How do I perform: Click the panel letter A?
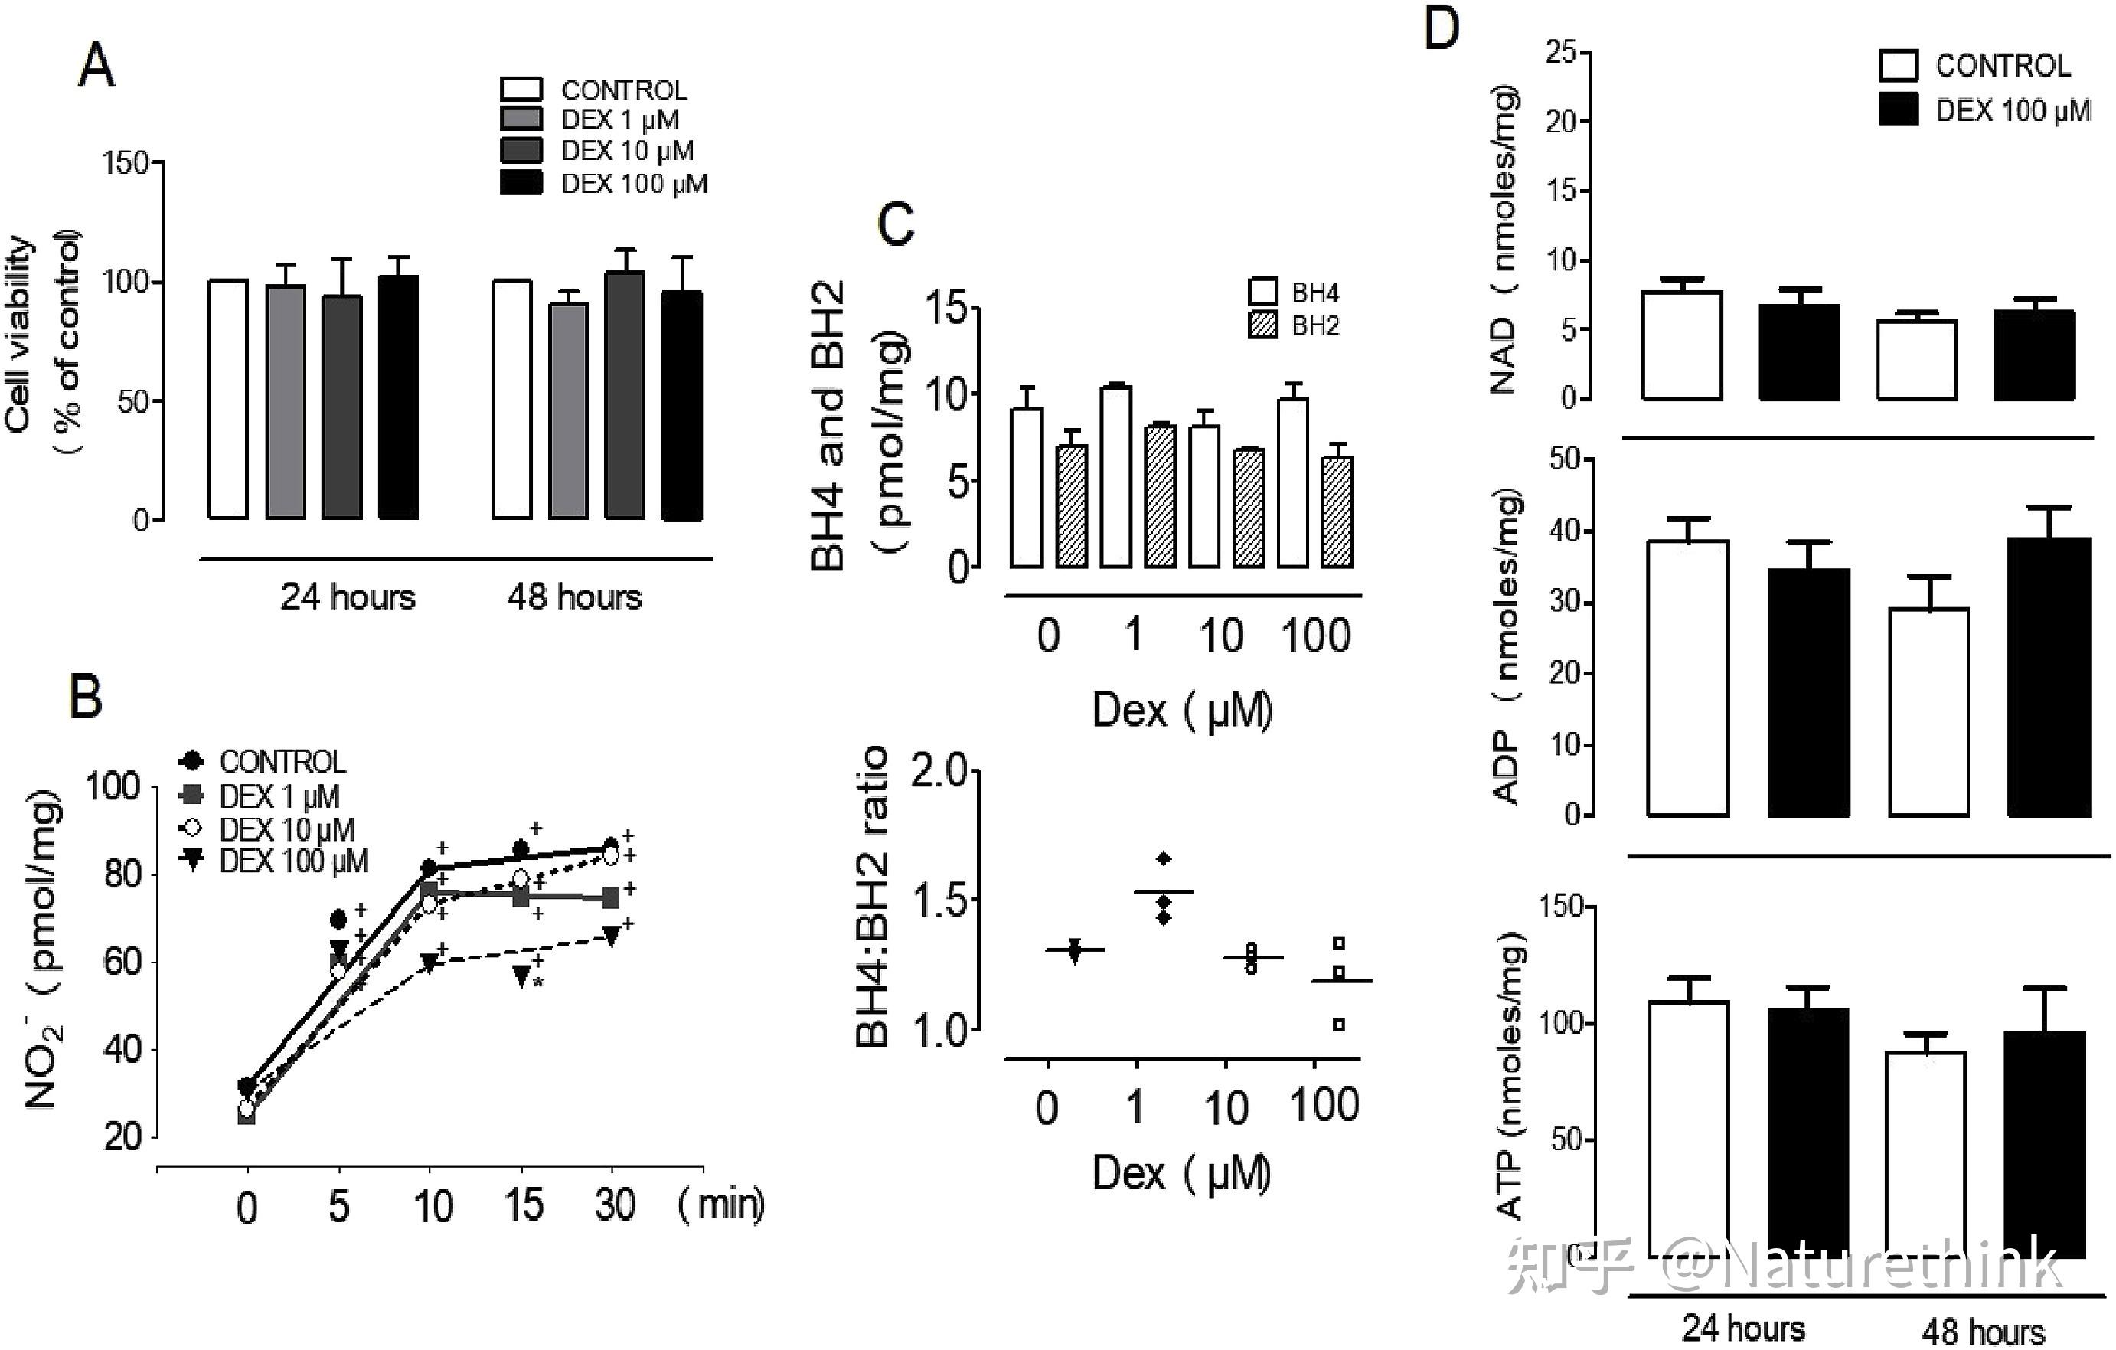[x=96, y=66]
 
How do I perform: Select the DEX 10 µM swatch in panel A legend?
[x=521, y=150]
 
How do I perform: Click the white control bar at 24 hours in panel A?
[x=227, y=400]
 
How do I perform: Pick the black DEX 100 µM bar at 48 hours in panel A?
[x=681, y=406]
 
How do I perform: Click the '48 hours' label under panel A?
[x=574, y=597]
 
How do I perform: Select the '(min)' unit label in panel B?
[x=720, y=1203]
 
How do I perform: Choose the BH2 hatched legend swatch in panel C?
[x=1262, y=325]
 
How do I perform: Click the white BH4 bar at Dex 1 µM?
[x=1116, y=477]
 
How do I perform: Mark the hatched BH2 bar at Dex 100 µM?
[x=1337, y=512]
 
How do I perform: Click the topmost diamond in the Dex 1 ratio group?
[x=1164, y=858]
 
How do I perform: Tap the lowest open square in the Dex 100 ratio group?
[x=1338, y=1024]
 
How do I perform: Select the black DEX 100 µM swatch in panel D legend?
[x=1898, y=109]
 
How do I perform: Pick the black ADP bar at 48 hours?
[x=2049, y=677]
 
